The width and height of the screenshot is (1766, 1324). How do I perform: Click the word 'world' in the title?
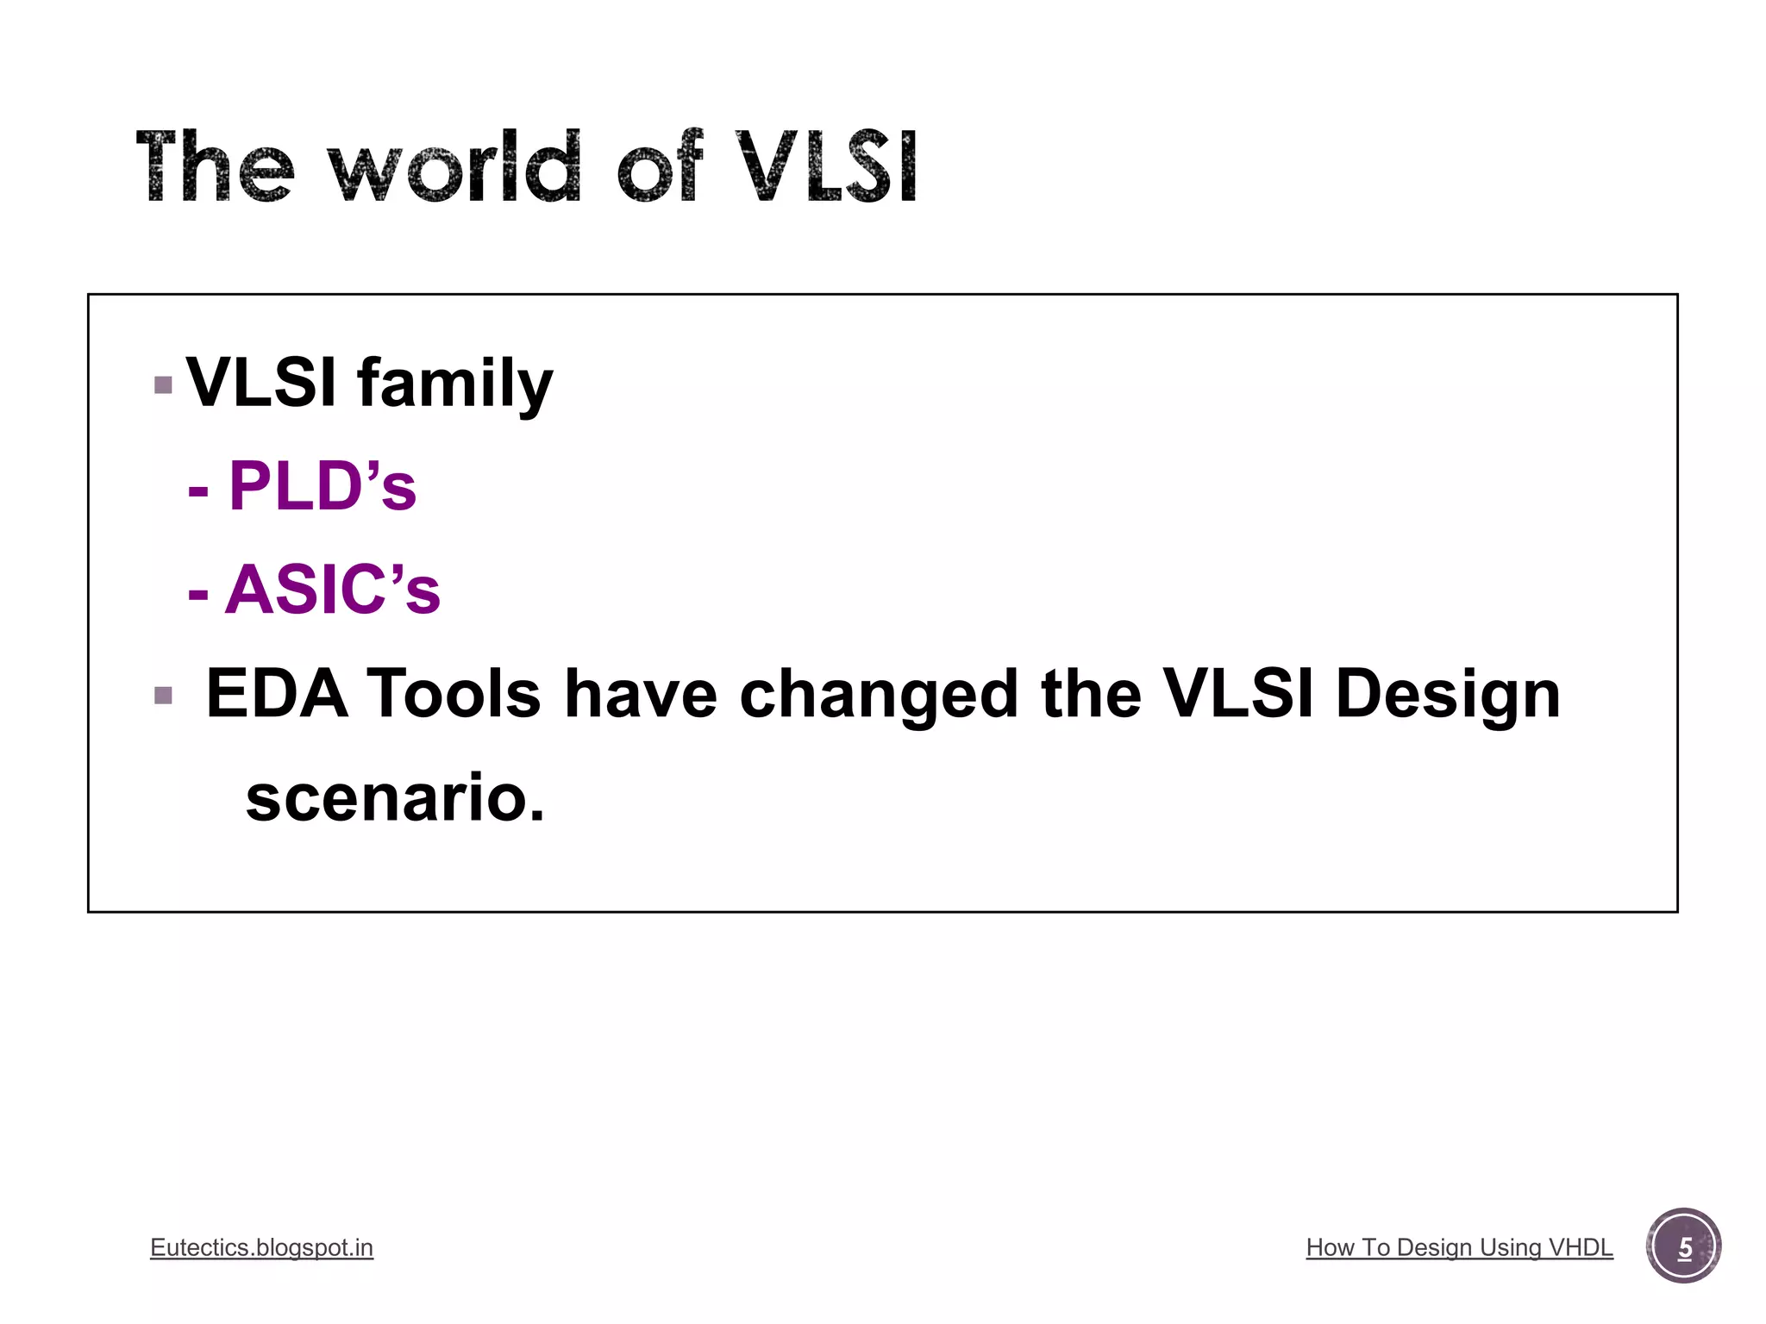[x=454, y=168]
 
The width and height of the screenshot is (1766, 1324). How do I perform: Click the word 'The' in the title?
[x=216, y=168]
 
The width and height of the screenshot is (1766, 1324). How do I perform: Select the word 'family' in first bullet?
[x=454, y=384]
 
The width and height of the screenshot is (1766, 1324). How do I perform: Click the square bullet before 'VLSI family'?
[x=163, y=384]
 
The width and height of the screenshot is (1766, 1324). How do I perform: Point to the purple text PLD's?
[x=322, y=487]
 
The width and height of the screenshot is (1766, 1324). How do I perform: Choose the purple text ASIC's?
[x=333, y=590]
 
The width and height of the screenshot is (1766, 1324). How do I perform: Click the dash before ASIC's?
[x=198, y=594]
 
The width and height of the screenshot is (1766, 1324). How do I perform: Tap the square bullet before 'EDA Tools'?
[x=163, y=695]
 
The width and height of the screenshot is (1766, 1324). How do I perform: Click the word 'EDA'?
[x=277, y=694]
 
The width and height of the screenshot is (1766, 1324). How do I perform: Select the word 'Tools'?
[x=454, y=694]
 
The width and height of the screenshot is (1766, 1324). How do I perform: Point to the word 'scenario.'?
[x=395, y=798]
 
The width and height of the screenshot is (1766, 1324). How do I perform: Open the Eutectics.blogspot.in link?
[x=261, y=1247]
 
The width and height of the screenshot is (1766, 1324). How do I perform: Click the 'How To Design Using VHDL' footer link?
[x=1459, y=1247]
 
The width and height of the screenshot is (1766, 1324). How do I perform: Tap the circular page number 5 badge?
[x=1683, y=1246]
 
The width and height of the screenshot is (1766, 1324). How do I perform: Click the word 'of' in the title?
[x=660, y=168]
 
